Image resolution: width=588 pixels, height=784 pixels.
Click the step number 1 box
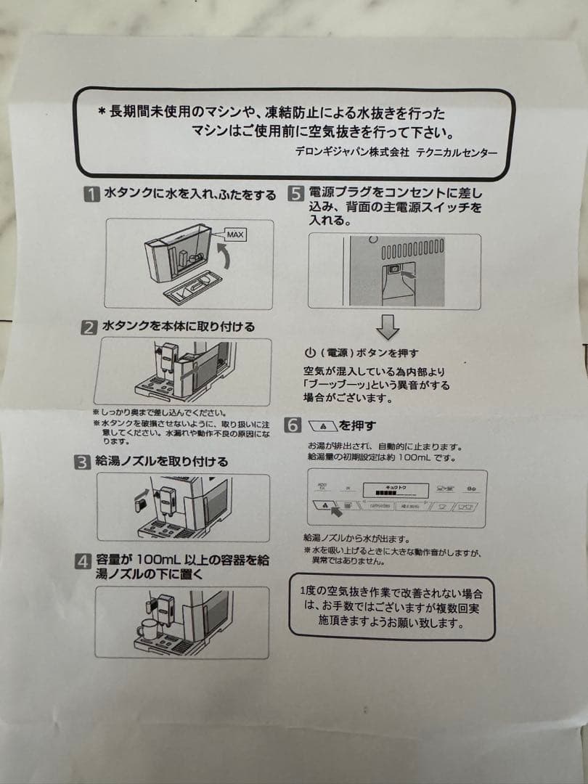(91, 195)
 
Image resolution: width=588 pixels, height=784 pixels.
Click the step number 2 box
(89, 327)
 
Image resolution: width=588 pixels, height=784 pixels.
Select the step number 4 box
(83, 561)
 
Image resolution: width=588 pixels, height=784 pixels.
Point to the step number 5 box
(295, 194)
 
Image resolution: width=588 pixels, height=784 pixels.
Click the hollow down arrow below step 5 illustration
(388, 327)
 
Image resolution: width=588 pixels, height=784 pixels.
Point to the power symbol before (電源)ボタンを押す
(310, 354)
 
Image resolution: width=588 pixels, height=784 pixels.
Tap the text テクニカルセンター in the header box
(457, 152)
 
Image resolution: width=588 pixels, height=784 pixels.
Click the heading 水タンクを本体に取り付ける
(179, 327)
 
